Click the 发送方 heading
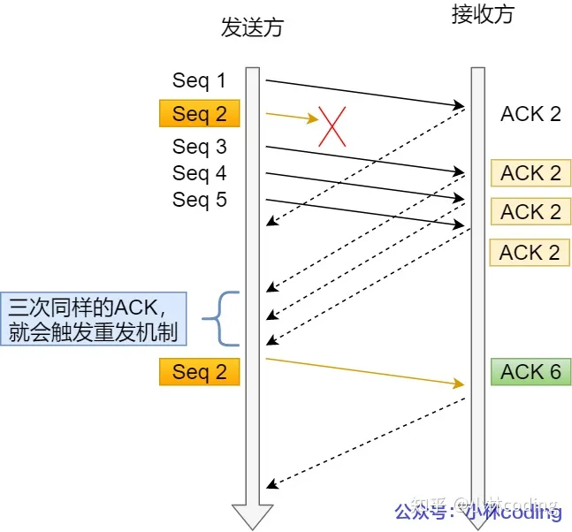click(252, 28)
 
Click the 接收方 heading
click(482, 15)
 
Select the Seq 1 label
click(199, 80)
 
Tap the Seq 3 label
click(199, 146)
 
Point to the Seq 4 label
click(199, 172)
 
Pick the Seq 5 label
click(199, 200)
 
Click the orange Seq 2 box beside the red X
click(199, 114)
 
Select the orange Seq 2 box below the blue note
click(199, 372)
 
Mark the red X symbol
click(332, 127)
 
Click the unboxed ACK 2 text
click(530, 114)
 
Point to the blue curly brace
click(221, 318)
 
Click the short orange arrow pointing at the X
click(292, 116)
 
